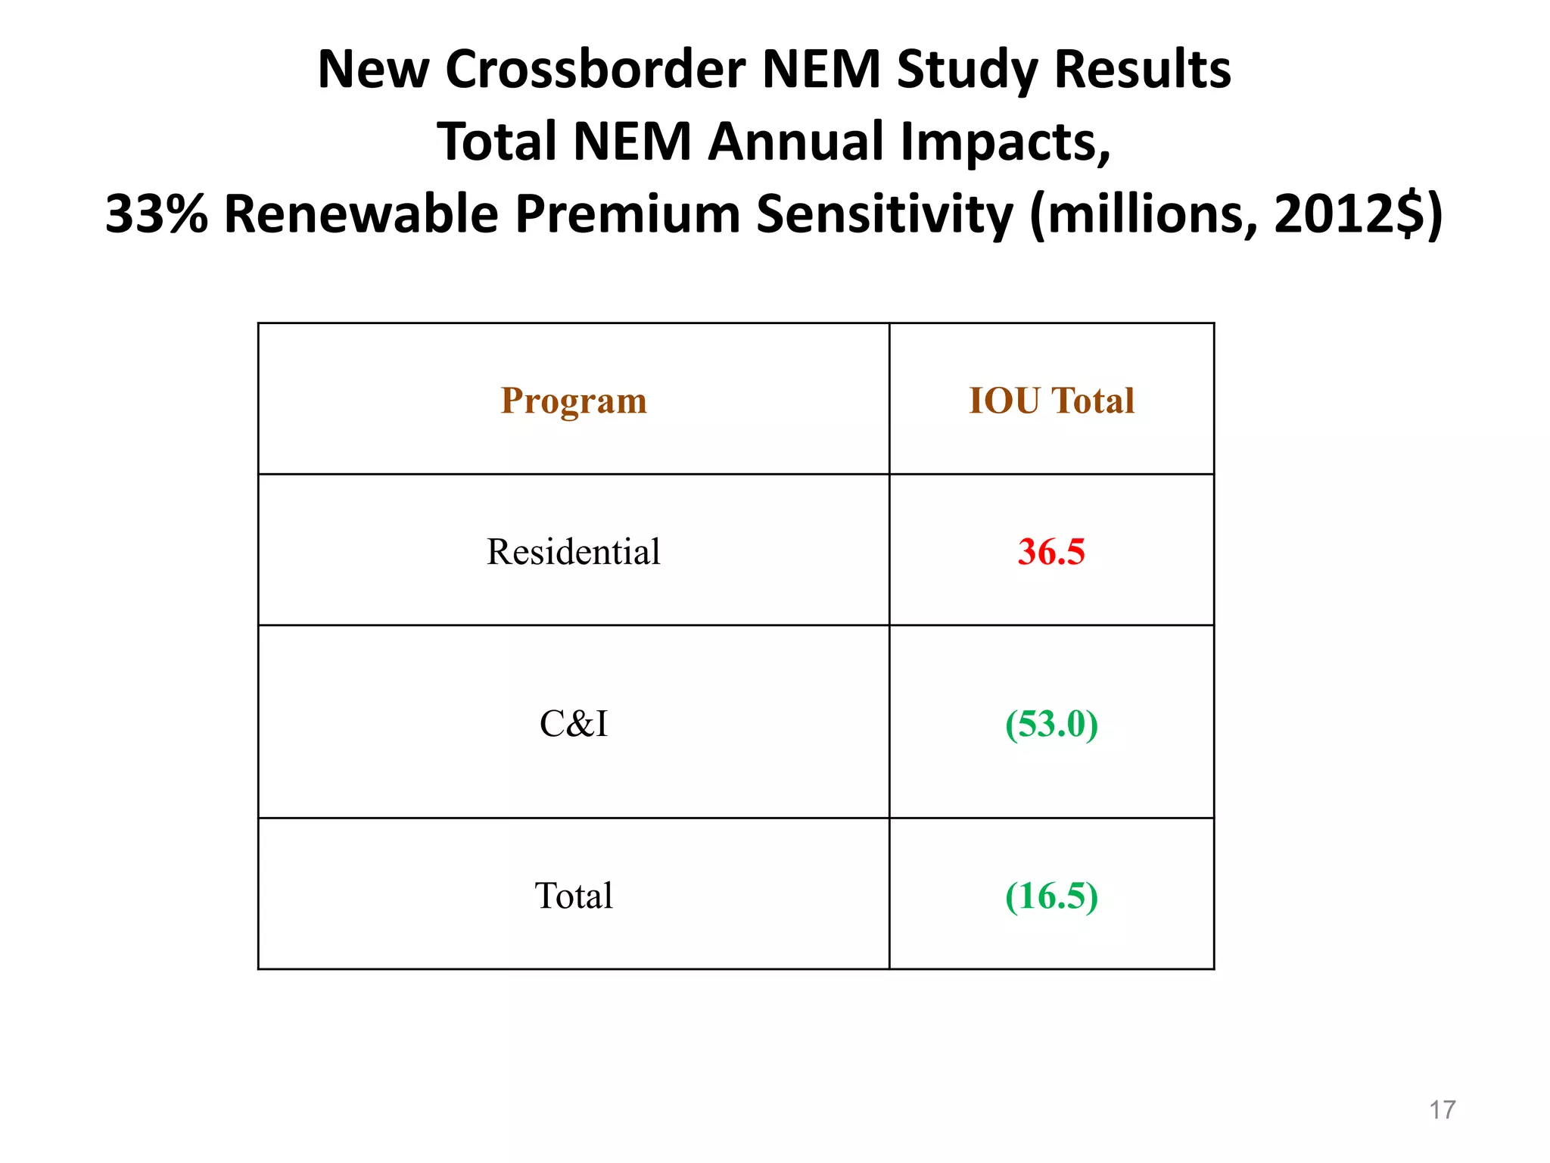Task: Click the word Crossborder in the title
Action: pyautogui.click(x=595, y=70)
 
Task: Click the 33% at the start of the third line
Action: pyautogui.click(x=156, y=214)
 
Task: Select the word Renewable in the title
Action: pyautogui.click(x=362, y=214)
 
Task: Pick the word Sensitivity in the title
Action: pyautogui.click(x=884, y=214)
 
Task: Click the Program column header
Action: pyautogui.click(x=574, y=401)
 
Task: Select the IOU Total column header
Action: pyautogui.click(x=1051, y=401)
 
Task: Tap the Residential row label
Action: pyautogui.click(x=574, y=551)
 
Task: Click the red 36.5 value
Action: pyautogui.click(x=1051, y=551)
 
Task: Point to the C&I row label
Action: pyautogui.click(x=574, y=723)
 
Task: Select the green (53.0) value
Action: pyautogui.click(x=1051, y=723)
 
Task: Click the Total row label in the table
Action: pyautogui.click(x=574, y=896)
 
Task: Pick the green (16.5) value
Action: pyautogui.click(x=1051, y=896)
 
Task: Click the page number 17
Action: pyautogui.click(x=1442, y=1110)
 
